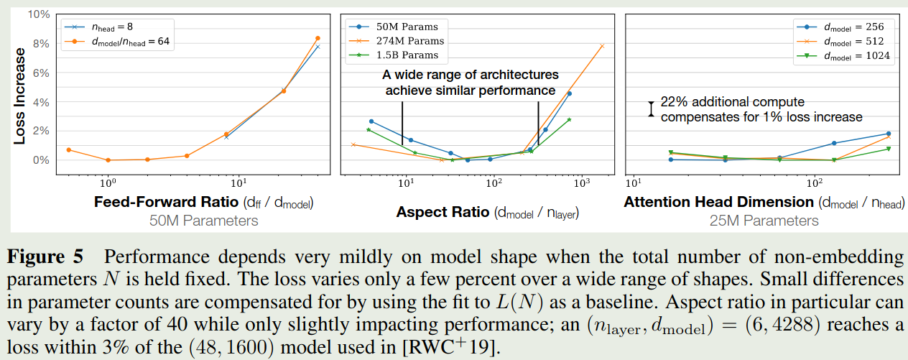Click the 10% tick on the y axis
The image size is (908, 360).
(38, 14)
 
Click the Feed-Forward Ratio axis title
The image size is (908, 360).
(203, 202)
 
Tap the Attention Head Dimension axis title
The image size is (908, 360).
(764, 202)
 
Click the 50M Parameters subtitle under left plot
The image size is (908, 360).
(203, 221)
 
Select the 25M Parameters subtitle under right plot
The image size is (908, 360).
(764, 221)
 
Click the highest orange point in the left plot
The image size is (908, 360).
(318, 38)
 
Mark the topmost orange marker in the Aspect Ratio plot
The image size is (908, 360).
(602, 46)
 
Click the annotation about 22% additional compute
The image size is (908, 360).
(761, 109)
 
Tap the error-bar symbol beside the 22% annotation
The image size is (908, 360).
(651, 109)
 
